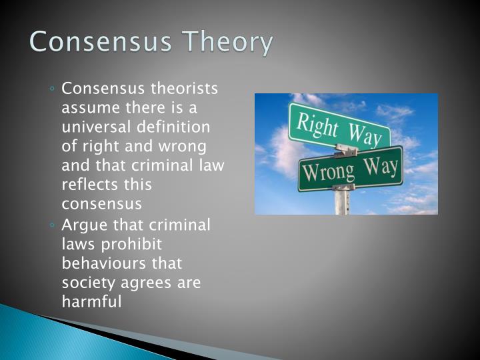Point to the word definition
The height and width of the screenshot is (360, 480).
coord(176,127)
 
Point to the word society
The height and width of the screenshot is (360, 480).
coord(87,283)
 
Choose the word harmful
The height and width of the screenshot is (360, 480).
coord(91,302)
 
